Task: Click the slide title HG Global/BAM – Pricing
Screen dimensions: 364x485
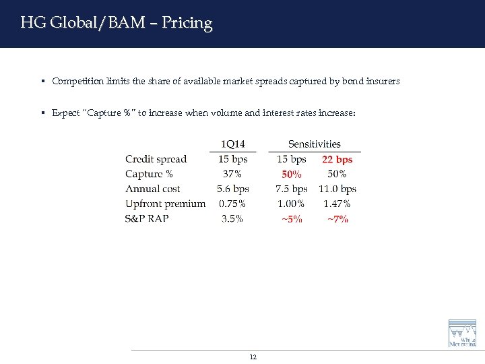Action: click(116, 23)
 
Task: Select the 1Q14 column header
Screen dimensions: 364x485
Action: click(232, 144)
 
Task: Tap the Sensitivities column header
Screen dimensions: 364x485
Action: click(315, 144)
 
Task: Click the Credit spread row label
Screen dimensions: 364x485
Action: click(156, 159)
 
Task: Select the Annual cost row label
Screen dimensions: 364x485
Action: click(152, 189)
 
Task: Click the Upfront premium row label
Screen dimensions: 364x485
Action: click(165, 204)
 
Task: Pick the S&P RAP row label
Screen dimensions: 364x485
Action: click(147, 218)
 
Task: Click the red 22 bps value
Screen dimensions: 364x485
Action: click(337, 160)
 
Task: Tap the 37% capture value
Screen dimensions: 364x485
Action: click(232, 174)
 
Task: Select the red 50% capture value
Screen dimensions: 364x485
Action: click(291, 175)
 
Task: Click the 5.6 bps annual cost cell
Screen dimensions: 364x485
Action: click(232, 189)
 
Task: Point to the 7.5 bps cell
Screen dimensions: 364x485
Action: click(291, 189)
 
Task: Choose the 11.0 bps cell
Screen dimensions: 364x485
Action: click(337, 189)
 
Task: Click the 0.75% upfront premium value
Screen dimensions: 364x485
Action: click(232, 204)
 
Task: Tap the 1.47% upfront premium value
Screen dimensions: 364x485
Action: click(337, 204)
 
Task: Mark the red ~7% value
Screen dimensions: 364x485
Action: click(337, 219)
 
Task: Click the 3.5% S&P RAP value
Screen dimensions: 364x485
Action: click(232, 218)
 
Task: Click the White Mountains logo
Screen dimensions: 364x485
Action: click(462, 334)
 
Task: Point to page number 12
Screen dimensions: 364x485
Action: click(253, 357)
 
